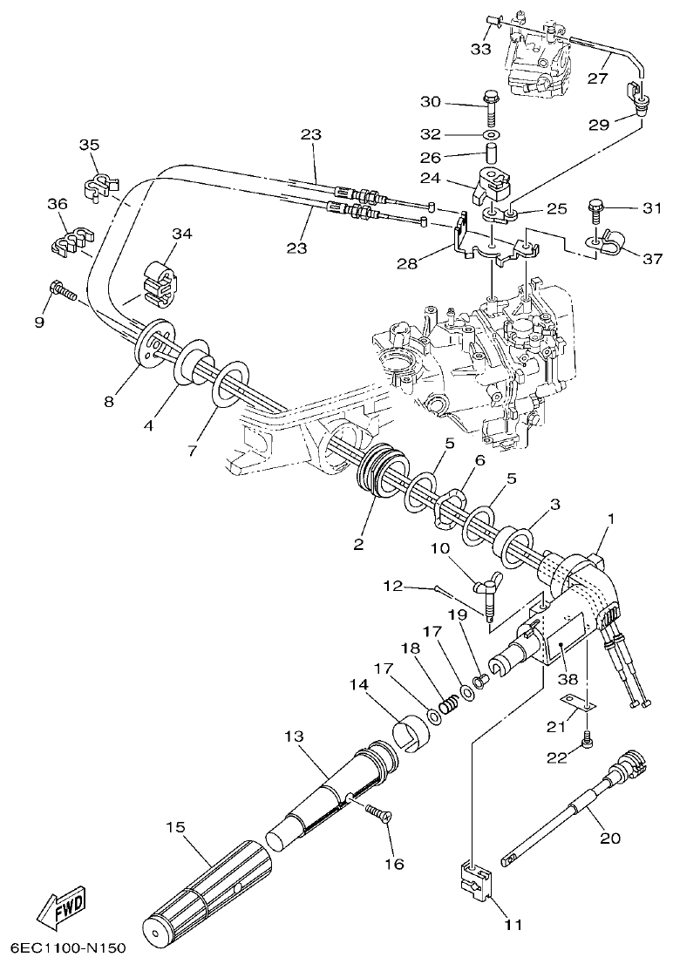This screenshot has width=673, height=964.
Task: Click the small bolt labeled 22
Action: (588, 740)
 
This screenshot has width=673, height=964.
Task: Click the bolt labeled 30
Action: (491, 108)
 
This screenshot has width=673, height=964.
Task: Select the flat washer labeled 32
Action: (492, 136)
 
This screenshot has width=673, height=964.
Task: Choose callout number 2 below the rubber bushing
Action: (357, 546)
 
